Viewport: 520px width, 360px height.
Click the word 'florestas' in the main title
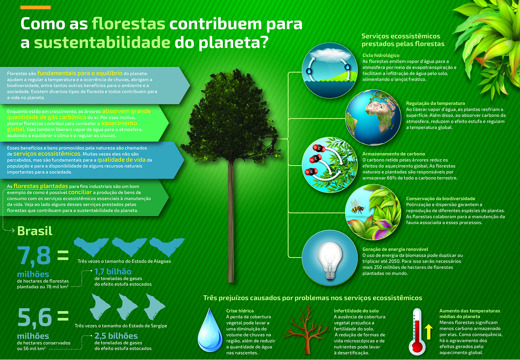click(129, 24)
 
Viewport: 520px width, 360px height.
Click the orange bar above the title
click(35, 7)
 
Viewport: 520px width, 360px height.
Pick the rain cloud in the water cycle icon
click(330, 54)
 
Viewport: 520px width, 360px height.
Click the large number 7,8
click(34, 255)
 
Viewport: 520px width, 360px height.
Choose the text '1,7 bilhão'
click(113, 272)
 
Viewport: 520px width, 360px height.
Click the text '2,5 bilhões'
click(116, 336)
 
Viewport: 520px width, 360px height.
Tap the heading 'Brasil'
click(35, 231)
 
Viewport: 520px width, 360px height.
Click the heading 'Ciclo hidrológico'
click(380, 55)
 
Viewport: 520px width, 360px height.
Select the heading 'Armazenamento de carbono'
click(393, 154)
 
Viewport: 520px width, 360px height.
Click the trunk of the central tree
click(231, 220)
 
